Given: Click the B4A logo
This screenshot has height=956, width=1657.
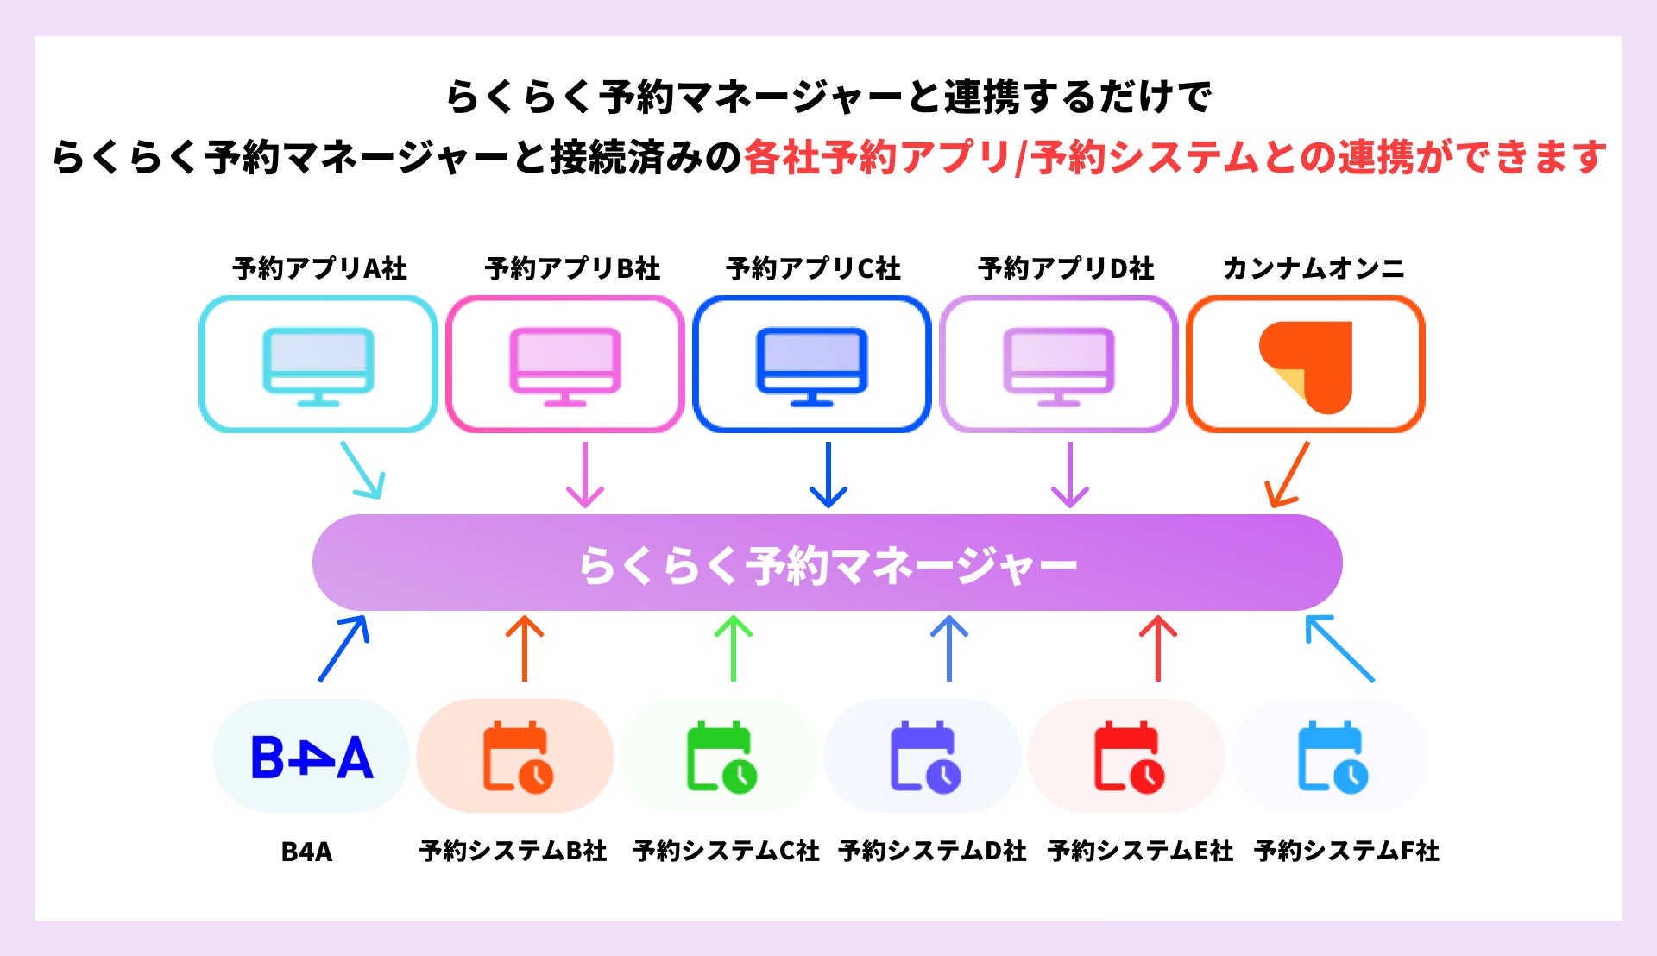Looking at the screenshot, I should (x=312, y=758).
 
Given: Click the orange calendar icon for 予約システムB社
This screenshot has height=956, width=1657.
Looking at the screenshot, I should (x=517, y=757).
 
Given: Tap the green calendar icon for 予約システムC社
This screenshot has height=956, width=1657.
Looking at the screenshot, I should (x=721, y=757).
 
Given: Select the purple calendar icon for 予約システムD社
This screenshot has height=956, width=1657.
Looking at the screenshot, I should (x=924, y=757).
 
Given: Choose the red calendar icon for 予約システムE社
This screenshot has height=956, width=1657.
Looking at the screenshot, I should (x=1128, y=757).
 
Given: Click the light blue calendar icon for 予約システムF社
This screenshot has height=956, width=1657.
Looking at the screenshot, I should (x=1332, y=757).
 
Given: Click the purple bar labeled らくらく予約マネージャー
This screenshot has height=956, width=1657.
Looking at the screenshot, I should (x=827, y=563).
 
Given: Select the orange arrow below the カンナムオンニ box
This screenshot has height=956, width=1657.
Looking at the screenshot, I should (x=1288, y=475).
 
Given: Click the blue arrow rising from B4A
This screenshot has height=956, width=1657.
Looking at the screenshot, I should (x=343, y=648).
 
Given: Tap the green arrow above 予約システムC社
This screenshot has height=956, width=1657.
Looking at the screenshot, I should (x=734, y=648).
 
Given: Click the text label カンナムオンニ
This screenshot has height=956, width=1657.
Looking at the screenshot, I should (x=1313, y=268).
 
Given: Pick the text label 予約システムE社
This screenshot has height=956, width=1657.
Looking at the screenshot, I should (x=1140, y=851).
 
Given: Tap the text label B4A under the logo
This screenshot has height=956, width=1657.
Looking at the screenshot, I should (x=306, y=852).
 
